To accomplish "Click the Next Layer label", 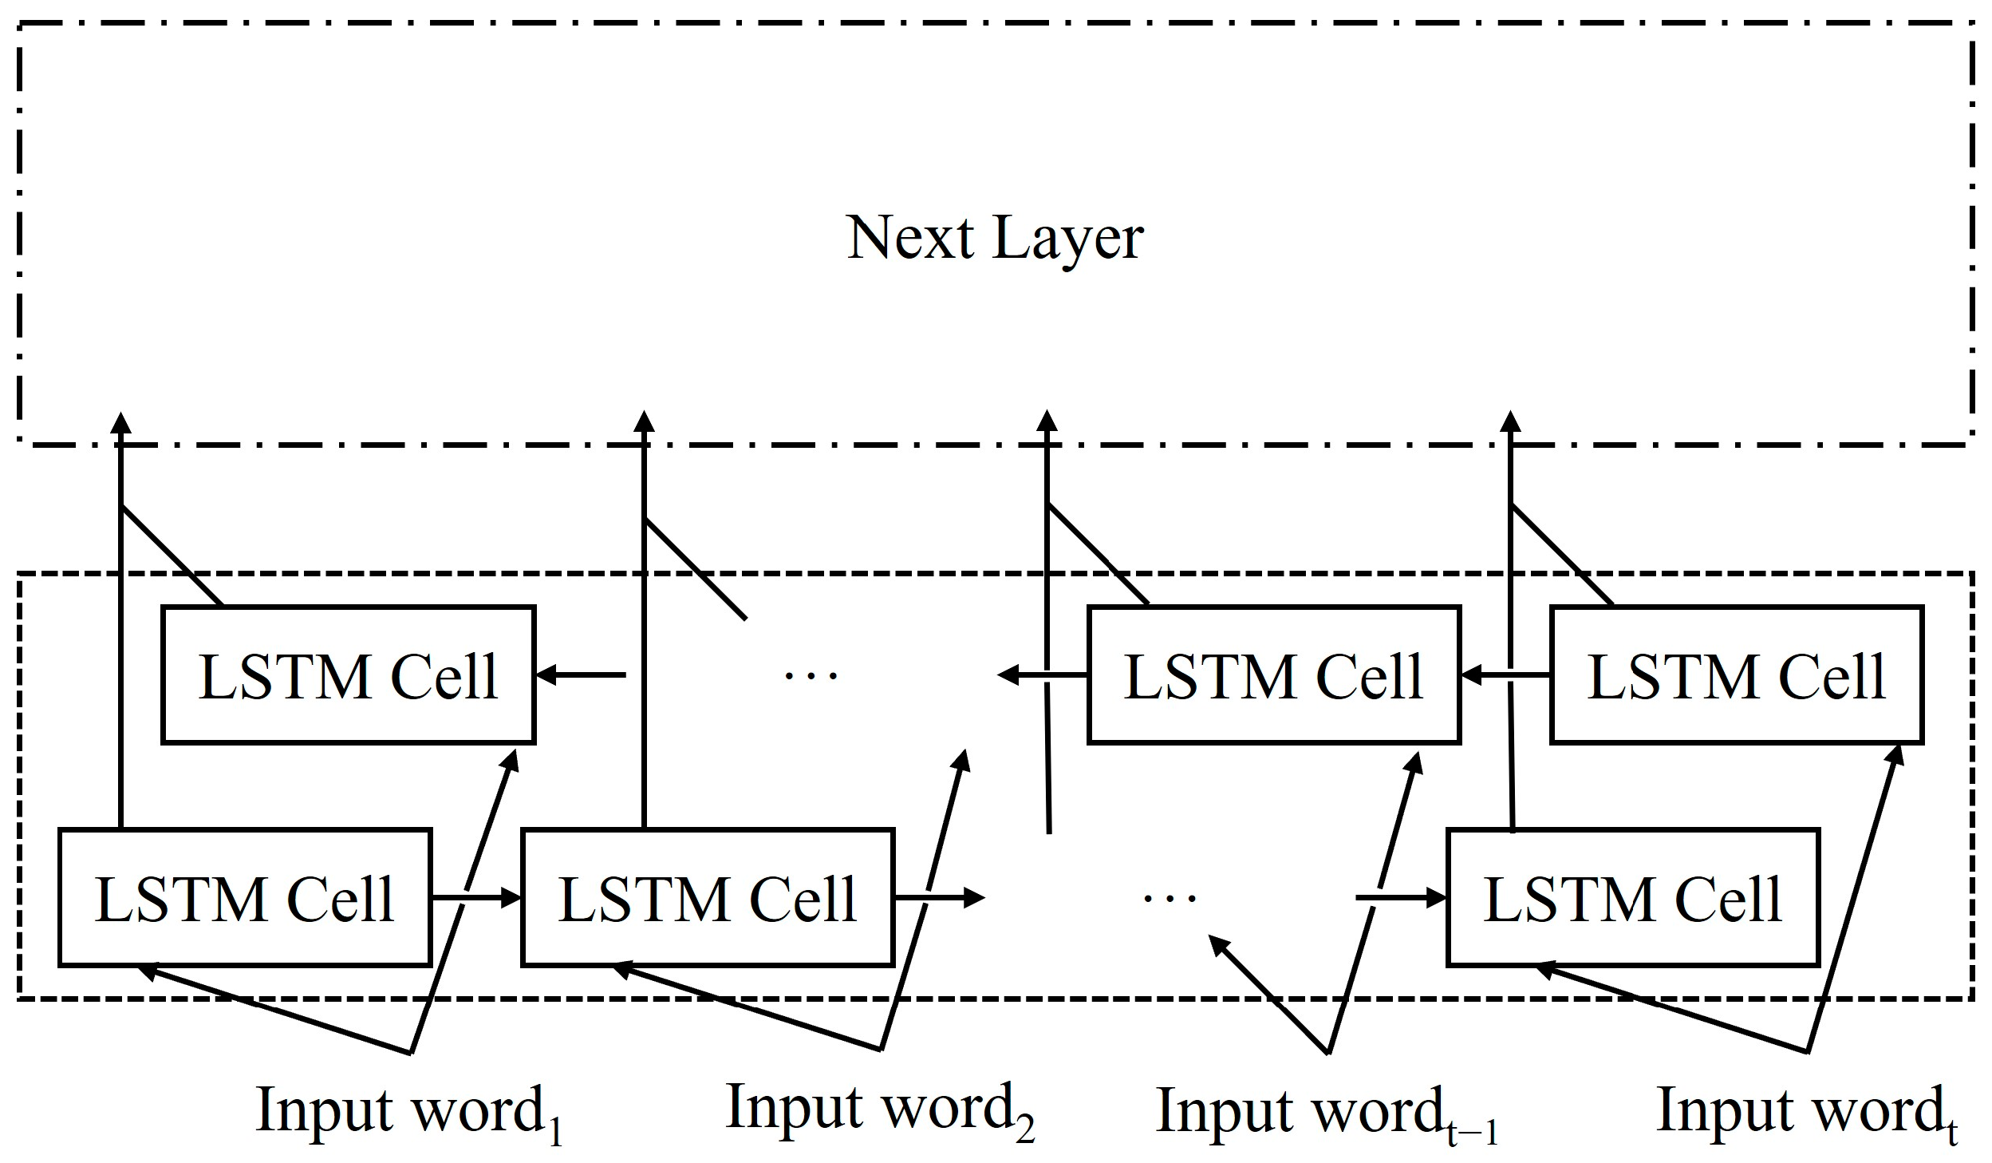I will (x=995, y=238).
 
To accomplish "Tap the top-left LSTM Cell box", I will (x=349, y=675).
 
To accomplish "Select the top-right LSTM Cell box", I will (x=1737, y=675).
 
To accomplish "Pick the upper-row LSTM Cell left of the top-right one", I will (x=1274, y=675).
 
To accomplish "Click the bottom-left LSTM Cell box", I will (x=245, y=898).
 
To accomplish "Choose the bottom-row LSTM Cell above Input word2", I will (x=708, y=898).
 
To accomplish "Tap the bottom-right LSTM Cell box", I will (x=1633, y=898).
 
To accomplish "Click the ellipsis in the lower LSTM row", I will (x=1170, y=898).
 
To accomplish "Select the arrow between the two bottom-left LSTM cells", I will (x=476, y=898).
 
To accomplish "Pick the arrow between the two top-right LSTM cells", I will (x=1505, y=675).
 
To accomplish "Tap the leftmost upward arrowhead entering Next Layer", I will (x=120, y=423).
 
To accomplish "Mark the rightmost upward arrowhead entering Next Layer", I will (x=1510, y=423).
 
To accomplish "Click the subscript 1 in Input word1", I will (x=556, y=1134).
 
